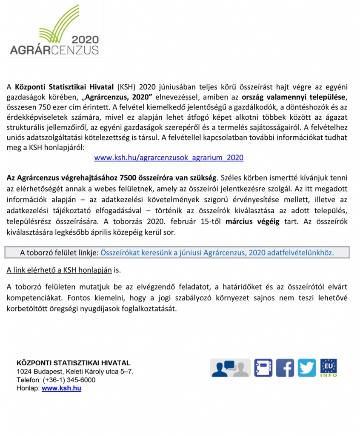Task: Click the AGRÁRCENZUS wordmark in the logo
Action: click(x=54, y=50)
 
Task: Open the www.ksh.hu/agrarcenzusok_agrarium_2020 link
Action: click(x=169, y=158)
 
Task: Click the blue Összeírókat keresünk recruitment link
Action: click(x=217, y=252)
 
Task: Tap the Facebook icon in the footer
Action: click(x=285, y=367)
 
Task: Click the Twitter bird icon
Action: click(x=307, y=367)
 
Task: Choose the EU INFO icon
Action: click(x=329, y=367)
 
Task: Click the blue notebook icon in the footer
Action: click(x=263, y=367)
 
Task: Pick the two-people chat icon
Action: click(x=230, y=367)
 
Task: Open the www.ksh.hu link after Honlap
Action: click(x=61, y=388)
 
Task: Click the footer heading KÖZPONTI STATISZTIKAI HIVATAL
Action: click(x=73, y=363)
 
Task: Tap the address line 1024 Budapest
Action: click(x=74, y=371)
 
